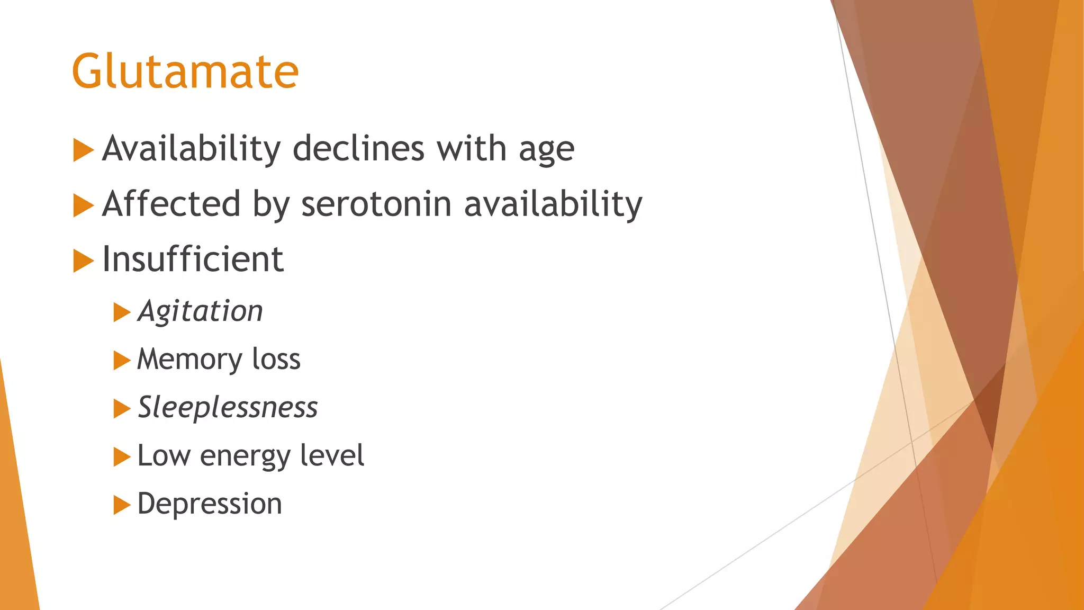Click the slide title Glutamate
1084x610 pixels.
coord(185,71)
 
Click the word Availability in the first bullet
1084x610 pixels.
coord(191,149)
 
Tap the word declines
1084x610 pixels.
coord(358,149)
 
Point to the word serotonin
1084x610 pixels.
coord(376,204)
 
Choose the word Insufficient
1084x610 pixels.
coord(193,259)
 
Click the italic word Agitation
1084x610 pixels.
coord(200,311)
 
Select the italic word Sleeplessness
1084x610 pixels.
coord(228,408)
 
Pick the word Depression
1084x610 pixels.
coord(210,504)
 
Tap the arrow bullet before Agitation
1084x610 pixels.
coord(122,312)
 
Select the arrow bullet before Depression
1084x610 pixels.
coord(122,505)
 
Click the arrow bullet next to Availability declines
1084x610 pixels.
coord(83,150)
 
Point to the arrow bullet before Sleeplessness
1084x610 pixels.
coord(122,409)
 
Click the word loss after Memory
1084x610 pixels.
coord(276,360)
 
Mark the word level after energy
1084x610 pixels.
coord(332,455)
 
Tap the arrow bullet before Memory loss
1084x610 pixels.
coord(122,361)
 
